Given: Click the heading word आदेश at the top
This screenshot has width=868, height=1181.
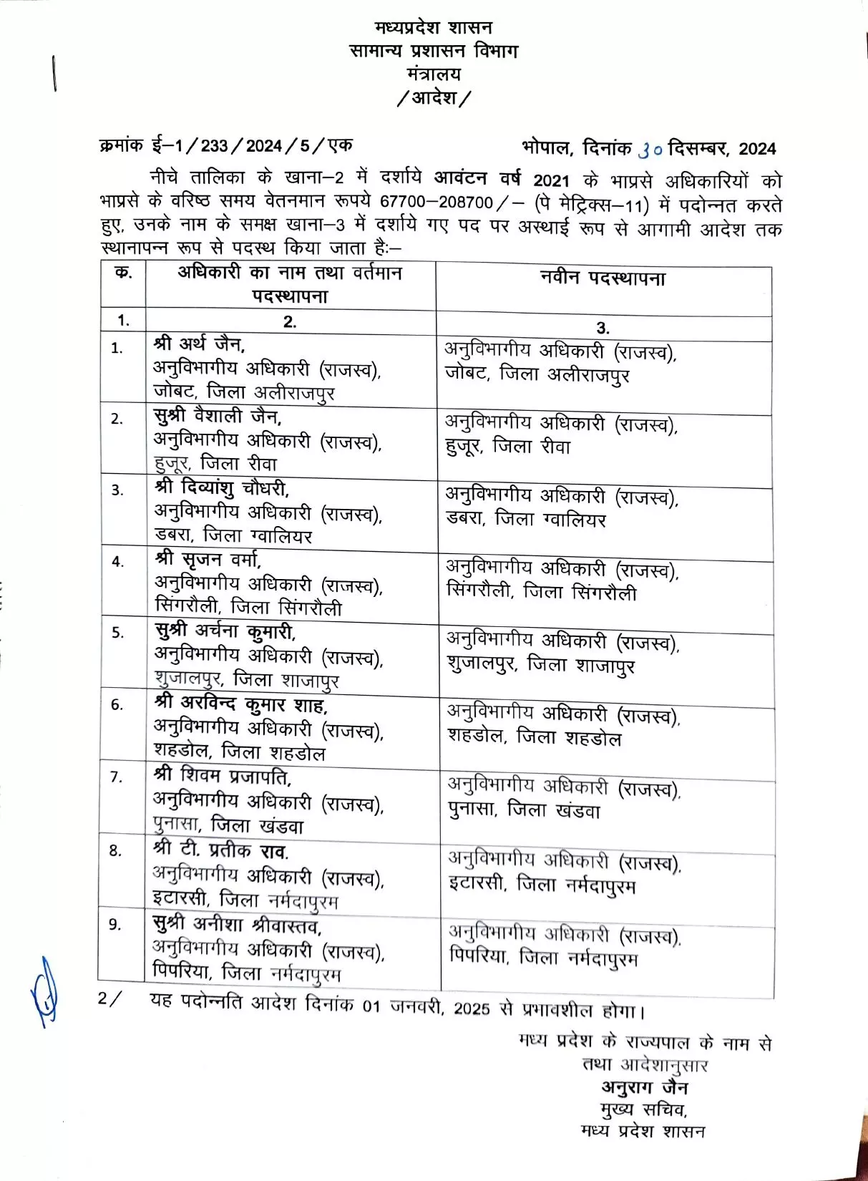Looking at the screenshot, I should (x=434, y=97).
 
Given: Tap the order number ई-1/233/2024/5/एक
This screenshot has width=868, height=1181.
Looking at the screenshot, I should (x=252, y=146).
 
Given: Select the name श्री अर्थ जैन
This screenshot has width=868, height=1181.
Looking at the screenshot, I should (x=200, y=344).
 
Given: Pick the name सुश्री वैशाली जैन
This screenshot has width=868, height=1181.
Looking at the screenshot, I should (x=218, y=416).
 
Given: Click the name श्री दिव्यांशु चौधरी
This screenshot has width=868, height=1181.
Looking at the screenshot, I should (x=222, y=488).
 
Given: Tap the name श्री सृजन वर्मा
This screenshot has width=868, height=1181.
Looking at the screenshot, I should (x=208, y=559).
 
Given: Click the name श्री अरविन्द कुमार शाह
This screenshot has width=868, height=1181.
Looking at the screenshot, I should (x=241, y=705).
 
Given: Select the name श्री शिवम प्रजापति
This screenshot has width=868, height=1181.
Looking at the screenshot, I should (x=223, y=776).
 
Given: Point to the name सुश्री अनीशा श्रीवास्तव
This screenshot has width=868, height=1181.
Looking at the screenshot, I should (x=237, y=925).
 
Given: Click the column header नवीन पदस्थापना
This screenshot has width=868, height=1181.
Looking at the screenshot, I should (x=603, y=279).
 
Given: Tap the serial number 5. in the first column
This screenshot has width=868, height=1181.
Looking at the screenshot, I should (x=117, y=633).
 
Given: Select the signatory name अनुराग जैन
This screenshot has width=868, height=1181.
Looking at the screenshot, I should (x=644, y=1088).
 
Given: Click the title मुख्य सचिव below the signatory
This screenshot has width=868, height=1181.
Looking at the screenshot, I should (x=643, y=1110).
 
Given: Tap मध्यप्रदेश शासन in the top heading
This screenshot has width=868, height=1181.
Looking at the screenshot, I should (x=434, y=28).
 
